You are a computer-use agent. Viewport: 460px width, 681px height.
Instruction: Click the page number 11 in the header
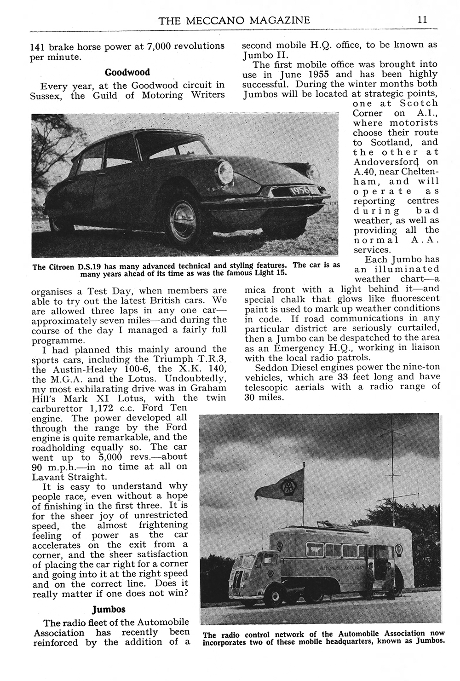(x=422, y=20)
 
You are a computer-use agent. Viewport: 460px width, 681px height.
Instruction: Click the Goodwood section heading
(x=127, y=72)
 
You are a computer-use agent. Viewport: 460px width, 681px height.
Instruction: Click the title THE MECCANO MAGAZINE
(x=234, y=20)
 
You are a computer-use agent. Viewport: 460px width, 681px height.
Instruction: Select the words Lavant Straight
(x=61, y=477)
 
